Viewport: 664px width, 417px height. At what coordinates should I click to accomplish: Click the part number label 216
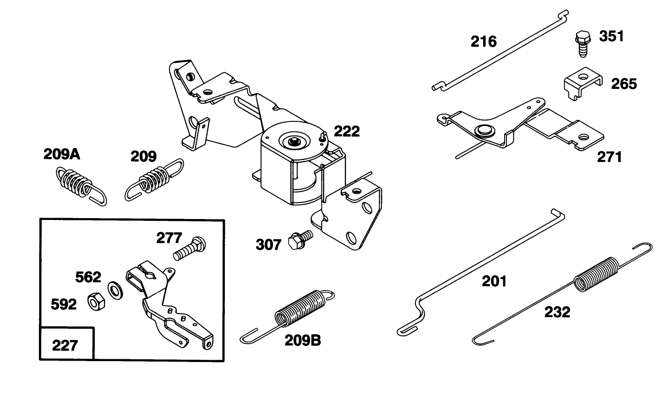484,42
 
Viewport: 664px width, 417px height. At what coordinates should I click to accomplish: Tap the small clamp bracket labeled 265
580,83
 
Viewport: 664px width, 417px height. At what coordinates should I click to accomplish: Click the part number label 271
610,157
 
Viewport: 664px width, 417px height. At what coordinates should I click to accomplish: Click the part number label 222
347,132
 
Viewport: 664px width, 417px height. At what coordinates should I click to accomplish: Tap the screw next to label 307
300,240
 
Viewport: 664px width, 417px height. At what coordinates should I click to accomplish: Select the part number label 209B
303,340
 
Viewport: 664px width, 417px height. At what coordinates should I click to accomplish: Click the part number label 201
494,281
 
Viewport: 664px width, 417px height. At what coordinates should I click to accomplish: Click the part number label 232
557,312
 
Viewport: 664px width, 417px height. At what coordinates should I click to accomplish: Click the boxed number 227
65,345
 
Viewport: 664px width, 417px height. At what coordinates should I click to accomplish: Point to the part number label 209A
62,154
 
